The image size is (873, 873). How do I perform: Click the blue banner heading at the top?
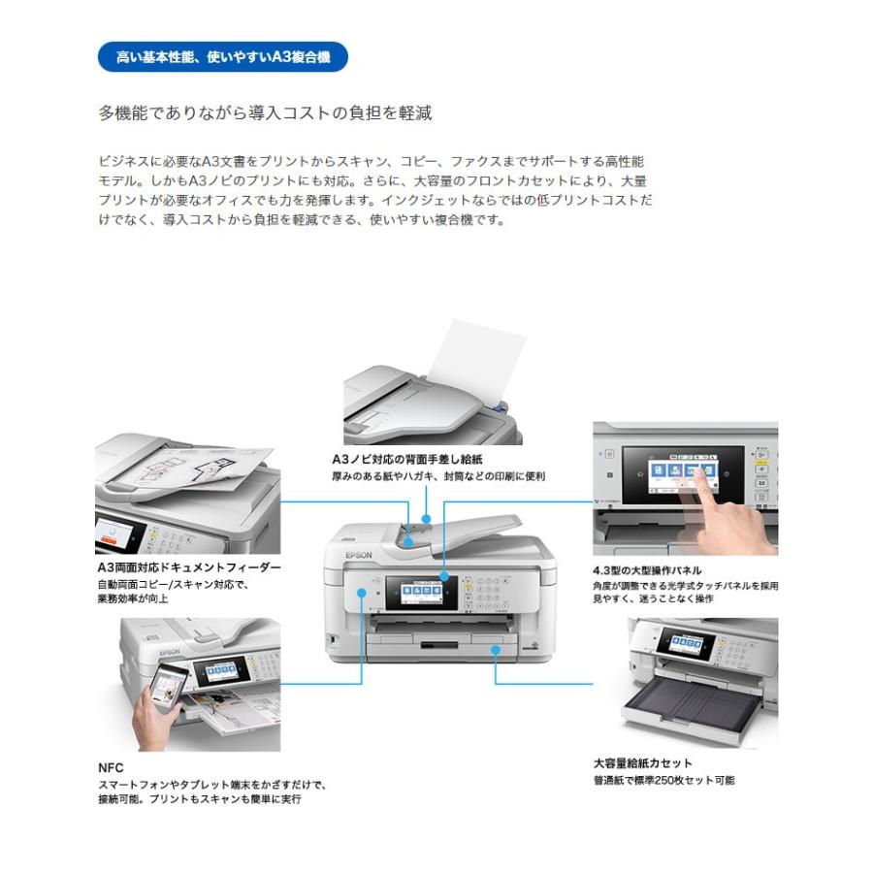tap(222, 57)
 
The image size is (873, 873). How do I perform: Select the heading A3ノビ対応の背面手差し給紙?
tap(406, 458)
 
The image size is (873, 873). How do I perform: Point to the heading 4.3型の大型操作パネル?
tap(647, 570)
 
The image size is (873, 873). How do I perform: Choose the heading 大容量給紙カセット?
tap(642, 762)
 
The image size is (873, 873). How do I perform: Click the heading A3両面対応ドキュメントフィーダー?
tap(188, 566)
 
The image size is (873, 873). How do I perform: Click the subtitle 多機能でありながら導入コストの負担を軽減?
tap(265, 113)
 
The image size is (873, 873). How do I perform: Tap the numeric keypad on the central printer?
tap(483, 593)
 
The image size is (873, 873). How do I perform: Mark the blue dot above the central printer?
tap(426, 521)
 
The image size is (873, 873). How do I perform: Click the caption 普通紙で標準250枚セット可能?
tap(664, 780)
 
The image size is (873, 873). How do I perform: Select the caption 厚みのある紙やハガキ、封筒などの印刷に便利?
tap(438, 476)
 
